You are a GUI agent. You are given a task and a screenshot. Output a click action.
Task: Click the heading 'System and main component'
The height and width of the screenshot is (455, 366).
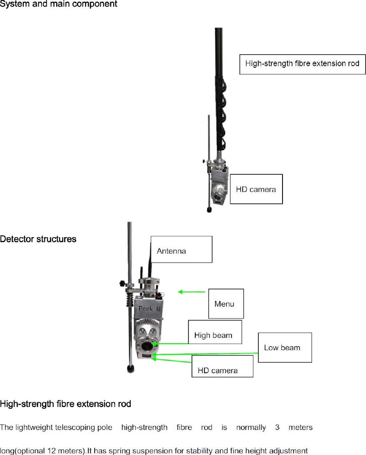click(59, 4)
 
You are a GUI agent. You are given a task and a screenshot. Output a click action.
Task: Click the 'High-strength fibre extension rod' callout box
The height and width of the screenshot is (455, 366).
click(302, 64)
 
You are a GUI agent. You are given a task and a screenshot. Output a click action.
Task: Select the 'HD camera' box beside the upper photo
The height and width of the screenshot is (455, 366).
click(256, 189)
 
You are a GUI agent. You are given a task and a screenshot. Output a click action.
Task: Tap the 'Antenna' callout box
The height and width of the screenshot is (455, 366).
click(181, 249)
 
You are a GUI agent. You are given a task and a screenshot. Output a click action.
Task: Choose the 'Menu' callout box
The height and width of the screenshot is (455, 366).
click(226, 304)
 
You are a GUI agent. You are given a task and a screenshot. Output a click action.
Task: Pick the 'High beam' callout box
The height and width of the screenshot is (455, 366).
click(215, 332)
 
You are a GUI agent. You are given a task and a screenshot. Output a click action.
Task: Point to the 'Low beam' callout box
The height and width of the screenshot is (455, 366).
click(285, 347)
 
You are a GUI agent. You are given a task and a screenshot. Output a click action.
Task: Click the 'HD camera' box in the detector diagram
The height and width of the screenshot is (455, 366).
click(222, 366)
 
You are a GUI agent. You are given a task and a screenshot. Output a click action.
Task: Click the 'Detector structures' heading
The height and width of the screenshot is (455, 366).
click(38, 239)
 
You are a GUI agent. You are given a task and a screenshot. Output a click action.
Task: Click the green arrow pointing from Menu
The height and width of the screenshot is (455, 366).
click(191, 292)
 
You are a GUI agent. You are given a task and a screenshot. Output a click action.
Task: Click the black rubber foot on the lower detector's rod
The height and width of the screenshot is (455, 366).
click(131, 369)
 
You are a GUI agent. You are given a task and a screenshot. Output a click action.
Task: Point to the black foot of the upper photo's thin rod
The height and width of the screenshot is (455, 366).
click(209, 210)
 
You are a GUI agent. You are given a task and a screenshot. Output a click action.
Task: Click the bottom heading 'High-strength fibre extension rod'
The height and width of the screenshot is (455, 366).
click(65, 404)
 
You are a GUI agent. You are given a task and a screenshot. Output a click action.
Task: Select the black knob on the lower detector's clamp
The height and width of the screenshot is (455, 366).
click(121, 284)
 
